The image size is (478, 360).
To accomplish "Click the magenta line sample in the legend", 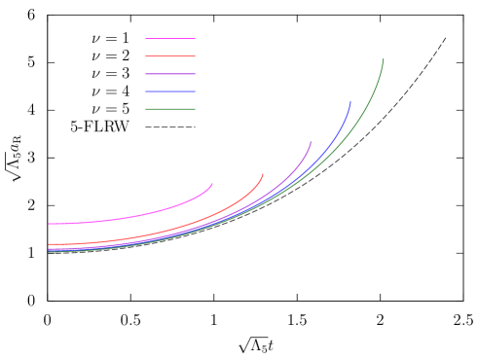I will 170,39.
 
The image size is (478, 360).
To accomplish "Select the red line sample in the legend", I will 170,56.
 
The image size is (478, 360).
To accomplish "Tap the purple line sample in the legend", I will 170,74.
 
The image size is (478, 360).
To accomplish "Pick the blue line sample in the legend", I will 170,91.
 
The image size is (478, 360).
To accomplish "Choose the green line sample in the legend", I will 170,109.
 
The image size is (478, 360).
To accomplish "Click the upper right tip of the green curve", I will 383,59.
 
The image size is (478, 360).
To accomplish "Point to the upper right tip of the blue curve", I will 350,102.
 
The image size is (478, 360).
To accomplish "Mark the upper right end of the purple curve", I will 311,143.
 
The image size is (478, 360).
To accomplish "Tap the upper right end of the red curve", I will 263,175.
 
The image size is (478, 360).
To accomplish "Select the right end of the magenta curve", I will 212,184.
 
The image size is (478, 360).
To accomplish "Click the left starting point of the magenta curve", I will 50,224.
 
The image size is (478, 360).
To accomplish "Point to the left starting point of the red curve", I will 50,244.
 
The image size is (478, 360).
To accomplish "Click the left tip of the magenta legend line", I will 146,39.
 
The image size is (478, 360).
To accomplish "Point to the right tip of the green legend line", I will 195,109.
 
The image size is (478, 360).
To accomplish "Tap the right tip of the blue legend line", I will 195,91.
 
